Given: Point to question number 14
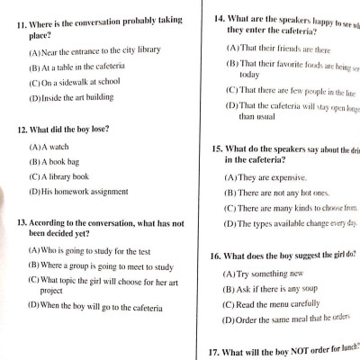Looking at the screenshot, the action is [x=219, y=17].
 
